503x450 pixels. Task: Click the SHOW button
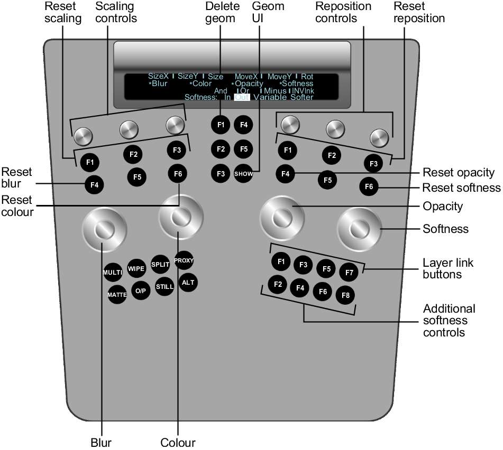[243, 174]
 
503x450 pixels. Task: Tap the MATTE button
[117, 294]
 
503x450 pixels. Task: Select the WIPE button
[136, 268]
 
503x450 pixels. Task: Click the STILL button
[164, 286]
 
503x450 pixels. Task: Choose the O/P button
[141, 290]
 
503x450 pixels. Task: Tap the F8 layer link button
[345, 295]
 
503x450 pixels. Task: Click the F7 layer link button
[349, 272]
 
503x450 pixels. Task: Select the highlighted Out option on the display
[242, 97]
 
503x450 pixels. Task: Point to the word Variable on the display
[270, 97]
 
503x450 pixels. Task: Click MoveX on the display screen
[246, 77]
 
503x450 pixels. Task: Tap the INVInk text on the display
[303, 91]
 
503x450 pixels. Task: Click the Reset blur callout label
[16, 178]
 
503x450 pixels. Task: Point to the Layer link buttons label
[448, 268]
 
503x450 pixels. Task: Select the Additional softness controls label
[449, 320]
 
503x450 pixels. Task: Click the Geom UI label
[268, 12]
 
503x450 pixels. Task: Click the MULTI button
[113, 272]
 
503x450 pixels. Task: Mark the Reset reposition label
[419, 12]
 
